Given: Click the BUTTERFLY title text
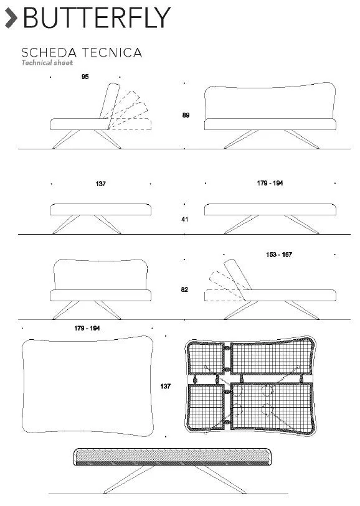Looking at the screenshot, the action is [x=97, y=17].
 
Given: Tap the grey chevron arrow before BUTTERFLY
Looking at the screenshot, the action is [x=11, y=18].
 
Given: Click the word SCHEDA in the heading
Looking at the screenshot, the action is [x=49, y=53].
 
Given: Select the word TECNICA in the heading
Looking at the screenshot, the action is [x=111, y=53].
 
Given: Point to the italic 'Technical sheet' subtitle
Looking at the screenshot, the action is [x=47, y=63].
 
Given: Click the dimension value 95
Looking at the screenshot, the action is [x=85, y=77].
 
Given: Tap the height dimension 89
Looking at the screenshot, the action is [x=186, y=115].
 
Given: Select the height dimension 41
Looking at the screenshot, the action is [x=185, y=220].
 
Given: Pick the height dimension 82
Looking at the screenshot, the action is [x=184, y=289].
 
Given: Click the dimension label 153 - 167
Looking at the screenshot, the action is [x=279, y=255].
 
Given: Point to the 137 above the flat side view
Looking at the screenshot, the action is [x=101, y=184].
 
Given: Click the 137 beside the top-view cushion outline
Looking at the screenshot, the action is [x=165, y=387].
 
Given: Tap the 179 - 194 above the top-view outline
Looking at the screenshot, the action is [x=87, y=328].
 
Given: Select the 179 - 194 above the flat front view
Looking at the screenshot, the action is [x=270, y=184].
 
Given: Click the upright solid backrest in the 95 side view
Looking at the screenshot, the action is [x=110, y=101].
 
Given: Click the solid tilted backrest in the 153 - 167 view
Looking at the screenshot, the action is [x=237, y=274].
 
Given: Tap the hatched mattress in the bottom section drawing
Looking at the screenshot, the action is [x=173, y=457].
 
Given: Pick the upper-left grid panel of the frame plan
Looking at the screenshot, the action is [x=206, y=358].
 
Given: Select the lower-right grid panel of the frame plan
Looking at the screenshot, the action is [x=272, y=406].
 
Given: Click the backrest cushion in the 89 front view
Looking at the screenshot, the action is [x=270, y=101].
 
